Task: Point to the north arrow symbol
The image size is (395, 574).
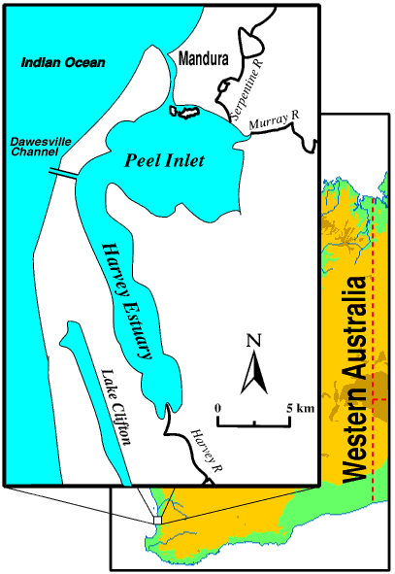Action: tap(254, 368)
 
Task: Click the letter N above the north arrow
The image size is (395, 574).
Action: tap(254, 340)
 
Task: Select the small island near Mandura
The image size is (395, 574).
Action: tap(184, 113)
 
